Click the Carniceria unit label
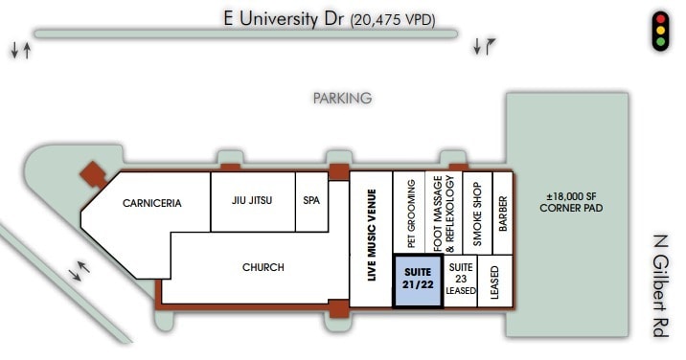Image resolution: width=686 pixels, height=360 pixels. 151,203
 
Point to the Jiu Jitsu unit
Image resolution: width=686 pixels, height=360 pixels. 252,201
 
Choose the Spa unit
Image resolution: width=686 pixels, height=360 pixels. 310,201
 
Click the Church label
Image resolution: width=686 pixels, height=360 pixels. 263,267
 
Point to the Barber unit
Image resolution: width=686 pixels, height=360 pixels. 503,214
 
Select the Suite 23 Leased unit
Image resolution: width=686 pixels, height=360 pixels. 462,281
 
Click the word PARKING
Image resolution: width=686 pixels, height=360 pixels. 342,98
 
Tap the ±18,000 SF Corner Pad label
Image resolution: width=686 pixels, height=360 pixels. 570,202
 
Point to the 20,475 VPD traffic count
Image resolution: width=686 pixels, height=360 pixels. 394,18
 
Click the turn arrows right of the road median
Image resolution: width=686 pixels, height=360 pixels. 483,46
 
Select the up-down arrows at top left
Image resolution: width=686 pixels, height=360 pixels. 20,49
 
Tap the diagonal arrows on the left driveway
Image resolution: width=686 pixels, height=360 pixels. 81,271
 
